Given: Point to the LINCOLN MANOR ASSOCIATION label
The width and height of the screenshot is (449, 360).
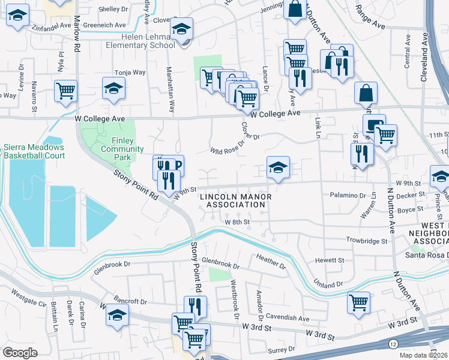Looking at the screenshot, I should coord(235,200).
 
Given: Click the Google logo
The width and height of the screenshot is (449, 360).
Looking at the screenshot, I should coord(20,353).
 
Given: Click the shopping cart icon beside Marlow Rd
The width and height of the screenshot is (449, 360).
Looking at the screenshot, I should coord(65,91).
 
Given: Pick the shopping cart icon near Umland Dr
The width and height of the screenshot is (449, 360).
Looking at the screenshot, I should coord(358,302).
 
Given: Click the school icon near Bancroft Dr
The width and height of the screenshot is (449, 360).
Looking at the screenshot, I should coord(118,314).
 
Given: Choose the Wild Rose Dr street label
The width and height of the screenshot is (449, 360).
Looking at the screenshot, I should coord(228,147).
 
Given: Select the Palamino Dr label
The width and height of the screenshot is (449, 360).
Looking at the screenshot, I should coord(348,195).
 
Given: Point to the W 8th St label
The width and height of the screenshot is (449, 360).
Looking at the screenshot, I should coord(237,222).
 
